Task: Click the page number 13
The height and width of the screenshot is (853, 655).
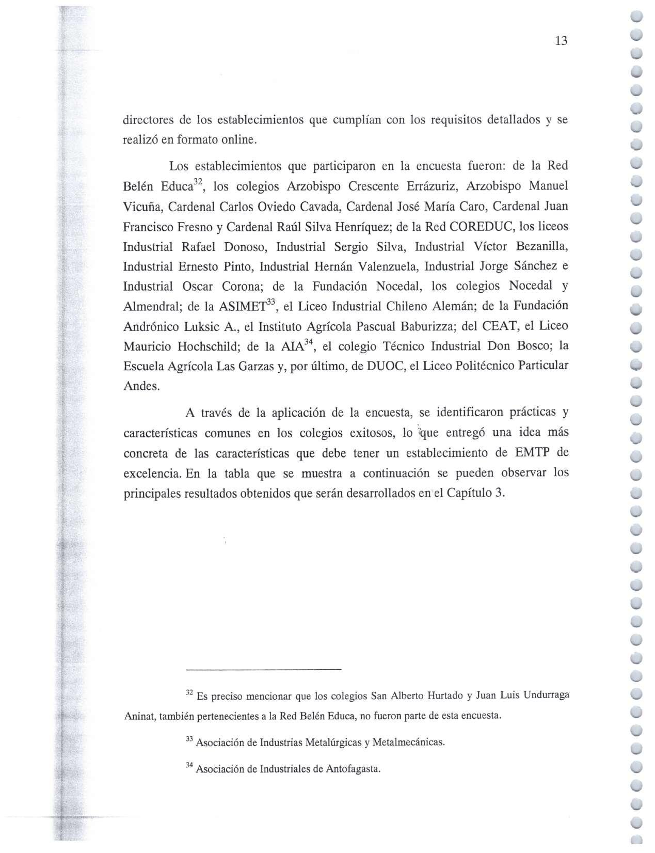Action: pos(561,41)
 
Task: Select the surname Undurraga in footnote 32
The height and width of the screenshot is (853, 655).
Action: pos(546,695)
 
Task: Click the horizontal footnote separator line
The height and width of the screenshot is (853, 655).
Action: pos(263,670)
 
